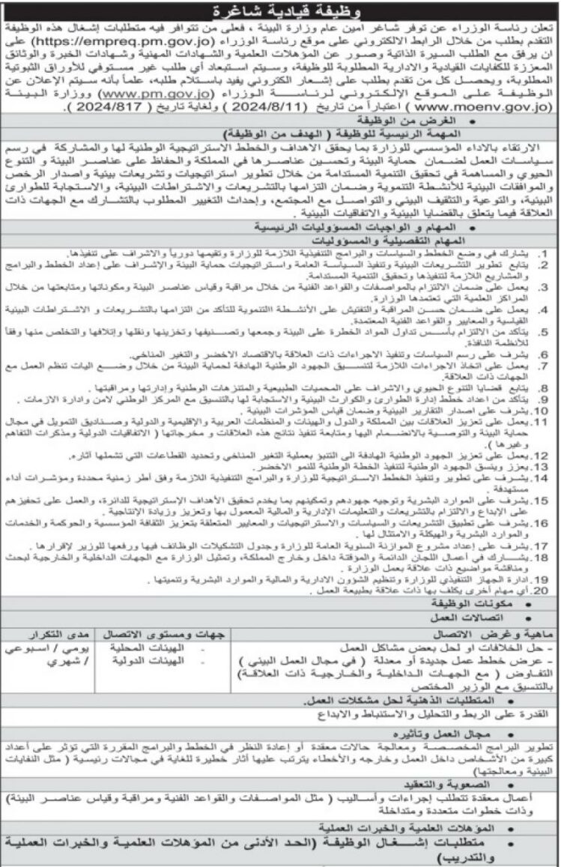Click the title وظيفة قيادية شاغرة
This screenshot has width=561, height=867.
click(280, 11)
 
